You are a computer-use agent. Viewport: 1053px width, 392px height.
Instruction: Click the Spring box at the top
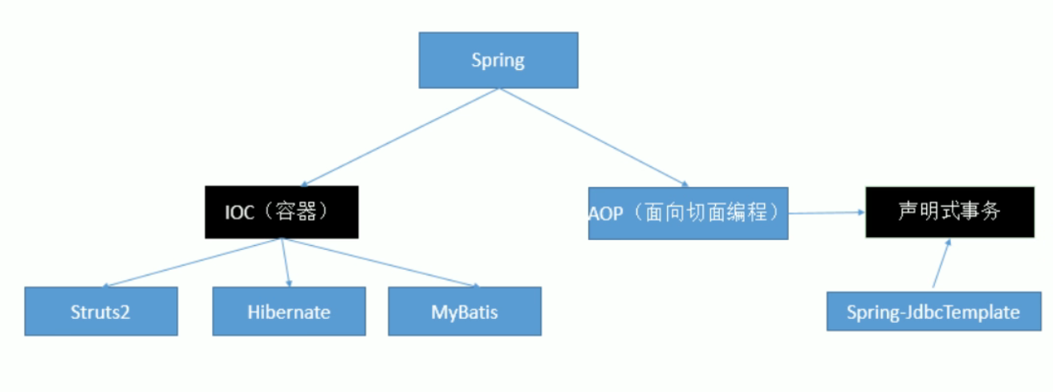click(x=498, y=60)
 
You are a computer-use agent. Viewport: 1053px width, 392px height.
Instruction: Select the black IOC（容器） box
click(x=280, y=213)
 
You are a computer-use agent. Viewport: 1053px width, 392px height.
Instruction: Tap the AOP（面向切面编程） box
click(x=688, y=214)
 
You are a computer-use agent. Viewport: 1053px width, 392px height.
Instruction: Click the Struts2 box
click(x=100, y=311)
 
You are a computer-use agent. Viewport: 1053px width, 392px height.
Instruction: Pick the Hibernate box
click(x=289, y=311)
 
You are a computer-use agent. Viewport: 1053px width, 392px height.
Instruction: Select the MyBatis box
click(x=464, y=311)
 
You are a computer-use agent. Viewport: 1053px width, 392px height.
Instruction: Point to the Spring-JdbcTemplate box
click(x=933, y=311)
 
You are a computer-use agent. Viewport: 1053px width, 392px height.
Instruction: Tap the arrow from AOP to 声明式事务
click(x=827, y=213)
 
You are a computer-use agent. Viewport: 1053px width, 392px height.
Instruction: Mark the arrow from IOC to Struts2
click(x=193, y=263)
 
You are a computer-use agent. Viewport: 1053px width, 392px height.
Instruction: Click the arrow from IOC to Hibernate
click(x=285, y=263)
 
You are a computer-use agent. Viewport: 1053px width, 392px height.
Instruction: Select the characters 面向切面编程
click(x=714, y=214)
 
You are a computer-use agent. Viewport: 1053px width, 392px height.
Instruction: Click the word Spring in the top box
click(x=498, y=60)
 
